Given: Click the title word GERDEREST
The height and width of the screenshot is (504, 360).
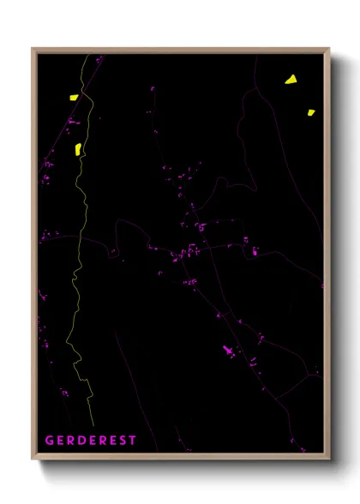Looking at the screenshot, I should click(90, 441).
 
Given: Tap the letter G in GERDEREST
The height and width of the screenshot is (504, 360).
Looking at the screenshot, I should click(49, 441).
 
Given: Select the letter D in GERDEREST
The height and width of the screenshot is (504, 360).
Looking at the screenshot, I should click(81, 441).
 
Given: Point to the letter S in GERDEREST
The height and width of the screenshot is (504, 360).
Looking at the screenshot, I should click(121, 441).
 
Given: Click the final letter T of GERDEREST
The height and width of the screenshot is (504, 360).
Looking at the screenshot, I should click(132, 441).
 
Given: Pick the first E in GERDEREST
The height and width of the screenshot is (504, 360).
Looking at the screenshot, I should click(59, 441).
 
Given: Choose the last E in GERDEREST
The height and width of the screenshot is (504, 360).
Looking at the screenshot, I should click(111, 441).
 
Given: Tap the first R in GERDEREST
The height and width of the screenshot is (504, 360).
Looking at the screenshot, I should click(69, 441).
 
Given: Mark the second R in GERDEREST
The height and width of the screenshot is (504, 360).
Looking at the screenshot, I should click(101, 441).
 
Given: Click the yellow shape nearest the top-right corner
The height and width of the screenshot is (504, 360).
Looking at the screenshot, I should click(291, 80).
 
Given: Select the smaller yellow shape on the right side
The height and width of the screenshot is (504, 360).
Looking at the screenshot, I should click(311, 111).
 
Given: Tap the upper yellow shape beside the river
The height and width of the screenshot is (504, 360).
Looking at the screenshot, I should click(74, 98).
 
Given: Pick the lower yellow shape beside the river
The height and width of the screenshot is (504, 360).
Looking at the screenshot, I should click(78, 148).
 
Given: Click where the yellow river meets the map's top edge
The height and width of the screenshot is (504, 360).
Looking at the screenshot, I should click(85, 56).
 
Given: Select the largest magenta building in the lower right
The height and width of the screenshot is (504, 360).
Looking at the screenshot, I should click(228, 351).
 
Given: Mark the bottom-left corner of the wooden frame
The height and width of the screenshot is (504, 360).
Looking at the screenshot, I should click(33, 460).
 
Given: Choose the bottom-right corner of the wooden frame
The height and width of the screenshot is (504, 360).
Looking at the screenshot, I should click(329, 460).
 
